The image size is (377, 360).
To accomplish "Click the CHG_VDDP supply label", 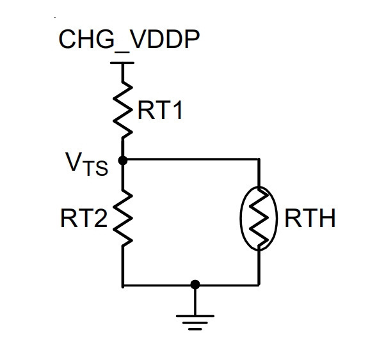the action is (129, 40).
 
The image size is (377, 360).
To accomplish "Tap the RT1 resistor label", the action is (160, 110).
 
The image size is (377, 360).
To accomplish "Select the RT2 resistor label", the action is (84, 218).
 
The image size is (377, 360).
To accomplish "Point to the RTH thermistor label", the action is (310, 218).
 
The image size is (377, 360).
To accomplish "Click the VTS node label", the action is (86, 164).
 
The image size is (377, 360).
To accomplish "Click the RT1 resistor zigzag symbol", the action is (123, 110).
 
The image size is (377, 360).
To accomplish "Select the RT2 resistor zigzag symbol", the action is (123, 218).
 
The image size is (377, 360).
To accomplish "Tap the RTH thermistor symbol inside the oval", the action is (259, 219).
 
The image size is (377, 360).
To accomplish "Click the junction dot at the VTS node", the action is (123, 160).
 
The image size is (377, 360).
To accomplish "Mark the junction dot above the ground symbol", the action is (195, 285).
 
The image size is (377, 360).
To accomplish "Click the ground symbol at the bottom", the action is (195, 322).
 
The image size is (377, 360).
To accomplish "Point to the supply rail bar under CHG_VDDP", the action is (122, 63).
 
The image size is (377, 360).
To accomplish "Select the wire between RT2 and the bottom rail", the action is (123, 266).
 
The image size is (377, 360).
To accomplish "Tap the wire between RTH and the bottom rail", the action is (259, 268).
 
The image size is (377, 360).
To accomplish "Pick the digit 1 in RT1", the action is (177, 110).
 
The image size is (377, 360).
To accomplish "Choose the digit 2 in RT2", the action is (101, 218).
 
